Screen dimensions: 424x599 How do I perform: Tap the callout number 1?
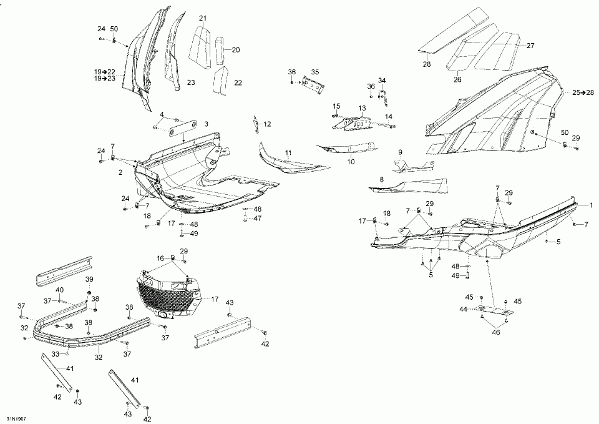point(592,205)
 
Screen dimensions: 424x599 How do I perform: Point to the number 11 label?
point(288,152)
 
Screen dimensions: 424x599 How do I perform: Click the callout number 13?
point(362,108)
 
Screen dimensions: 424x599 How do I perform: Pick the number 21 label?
point(203,17)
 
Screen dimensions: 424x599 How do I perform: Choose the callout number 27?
point(530,46)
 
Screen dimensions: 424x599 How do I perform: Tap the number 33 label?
point(55,353)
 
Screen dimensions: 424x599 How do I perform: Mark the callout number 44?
point(464,308)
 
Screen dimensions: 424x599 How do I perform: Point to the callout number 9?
point(400,152)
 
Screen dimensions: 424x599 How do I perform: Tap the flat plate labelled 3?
point(177,129)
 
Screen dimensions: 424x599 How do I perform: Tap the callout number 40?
point(59,290)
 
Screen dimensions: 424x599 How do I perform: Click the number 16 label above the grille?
point(160,257)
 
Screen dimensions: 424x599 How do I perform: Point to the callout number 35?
point(314,72)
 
